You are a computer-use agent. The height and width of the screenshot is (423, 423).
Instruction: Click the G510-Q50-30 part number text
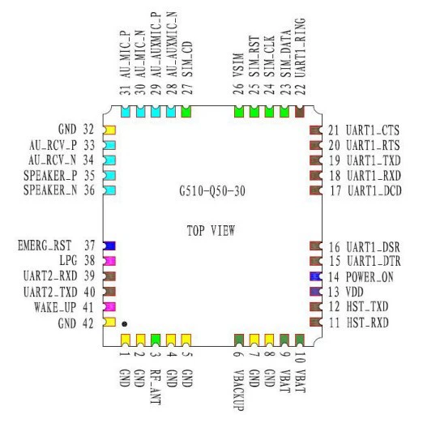212,191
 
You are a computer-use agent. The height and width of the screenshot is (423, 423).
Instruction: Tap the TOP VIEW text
211,231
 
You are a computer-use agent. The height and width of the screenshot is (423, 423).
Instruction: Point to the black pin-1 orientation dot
124,324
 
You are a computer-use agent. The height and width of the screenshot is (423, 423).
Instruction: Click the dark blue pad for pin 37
109,246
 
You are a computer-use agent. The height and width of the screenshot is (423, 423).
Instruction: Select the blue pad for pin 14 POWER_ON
316,276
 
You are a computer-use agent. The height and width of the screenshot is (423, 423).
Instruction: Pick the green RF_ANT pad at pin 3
156,340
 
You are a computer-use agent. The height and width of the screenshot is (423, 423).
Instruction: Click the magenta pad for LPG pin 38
109,261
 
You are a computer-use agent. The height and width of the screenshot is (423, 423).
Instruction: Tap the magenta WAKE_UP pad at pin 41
109,306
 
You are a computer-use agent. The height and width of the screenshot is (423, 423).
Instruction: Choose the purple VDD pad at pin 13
316,292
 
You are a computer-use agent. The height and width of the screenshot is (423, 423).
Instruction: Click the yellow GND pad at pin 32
109,130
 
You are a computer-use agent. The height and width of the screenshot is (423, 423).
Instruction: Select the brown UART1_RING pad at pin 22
300,112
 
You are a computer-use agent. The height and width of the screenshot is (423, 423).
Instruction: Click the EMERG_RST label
45,246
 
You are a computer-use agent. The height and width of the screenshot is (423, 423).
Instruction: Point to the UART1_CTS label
373,130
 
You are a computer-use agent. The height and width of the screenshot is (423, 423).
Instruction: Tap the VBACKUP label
238,390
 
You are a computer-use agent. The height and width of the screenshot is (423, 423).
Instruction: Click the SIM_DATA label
285,53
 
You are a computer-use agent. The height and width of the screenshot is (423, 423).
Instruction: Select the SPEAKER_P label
50,176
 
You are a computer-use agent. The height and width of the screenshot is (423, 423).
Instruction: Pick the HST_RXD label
368,323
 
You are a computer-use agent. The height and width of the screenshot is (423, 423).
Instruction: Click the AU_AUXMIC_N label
172,45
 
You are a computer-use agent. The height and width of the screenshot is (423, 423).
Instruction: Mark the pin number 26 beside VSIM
238,89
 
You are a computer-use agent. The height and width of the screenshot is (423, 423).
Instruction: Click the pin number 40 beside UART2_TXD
89,292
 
